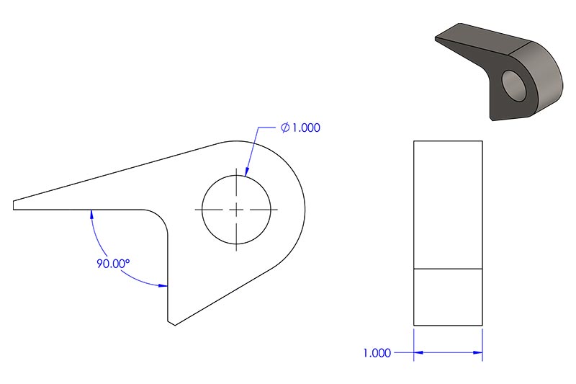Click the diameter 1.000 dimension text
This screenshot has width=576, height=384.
point(300,128)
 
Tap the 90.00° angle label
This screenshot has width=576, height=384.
point(113,264)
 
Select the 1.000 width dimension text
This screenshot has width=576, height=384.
point(377,353)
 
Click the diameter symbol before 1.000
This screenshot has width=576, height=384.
point(285,128)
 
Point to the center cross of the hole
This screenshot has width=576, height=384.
point(236,210)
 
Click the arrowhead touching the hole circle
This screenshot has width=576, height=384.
point(247,171)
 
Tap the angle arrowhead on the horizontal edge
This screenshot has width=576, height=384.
point(91,214)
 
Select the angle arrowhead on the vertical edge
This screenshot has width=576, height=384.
point(163,285)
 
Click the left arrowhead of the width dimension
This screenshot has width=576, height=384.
point(418,353)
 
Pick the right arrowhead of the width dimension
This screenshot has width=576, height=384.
point(478,353)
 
